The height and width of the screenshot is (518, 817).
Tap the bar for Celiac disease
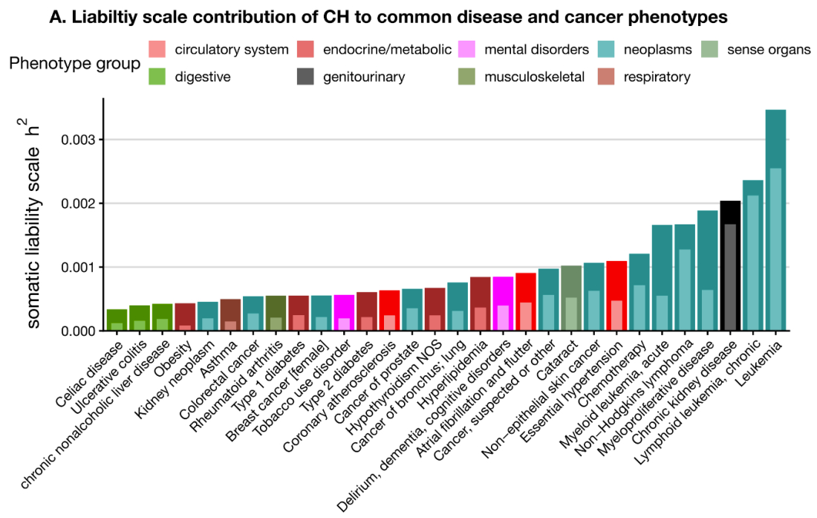click(117, 320)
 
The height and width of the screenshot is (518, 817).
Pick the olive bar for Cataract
click(571, 298)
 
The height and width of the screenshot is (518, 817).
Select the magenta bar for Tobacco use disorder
click(344, 313)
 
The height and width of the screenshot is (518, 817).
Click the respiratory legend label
click(657, 77)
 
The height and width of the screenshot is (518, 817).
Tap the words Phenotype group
click(75, 64)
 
